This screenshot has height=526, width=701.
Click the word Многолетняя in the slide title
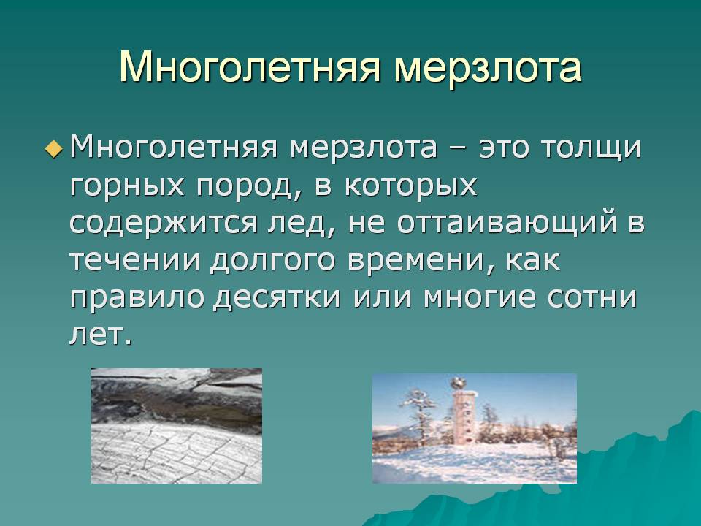pos(250,67)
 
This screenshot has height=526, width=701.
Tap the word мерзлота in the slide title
pos(488,67)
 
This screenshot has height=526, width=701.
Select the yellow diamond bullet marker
pos(54,148)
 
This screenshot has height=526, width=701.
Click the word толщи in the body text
pos(591,148)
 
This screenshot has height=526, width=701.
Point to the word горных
pos(127,186)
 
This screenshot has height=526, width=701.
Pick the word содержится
pos(164,223)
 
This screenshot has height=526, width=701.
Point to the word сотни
pos(592,298)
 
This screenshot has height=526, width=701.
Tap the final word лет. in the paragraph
pos(101,335)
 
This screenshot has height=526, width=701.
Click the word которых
pos(410,186)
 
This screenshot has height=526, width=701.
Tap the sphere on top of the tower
pos(457,384)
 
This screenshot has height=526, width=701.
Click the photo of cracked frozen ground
pos(177,426)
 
